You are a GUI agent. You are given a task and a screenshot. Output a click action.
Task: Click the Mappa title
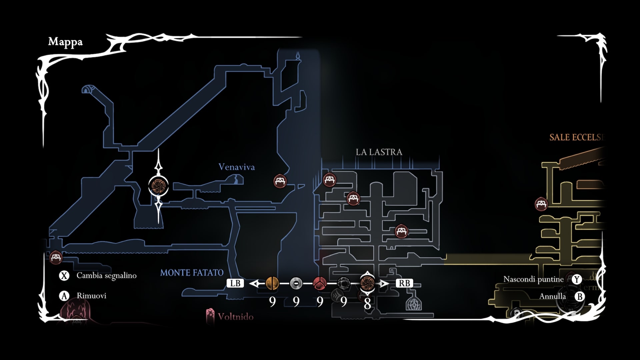[x=65, y=42]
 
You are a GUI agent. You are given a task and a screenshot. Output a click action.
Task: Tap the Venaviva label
[x=236, y=167]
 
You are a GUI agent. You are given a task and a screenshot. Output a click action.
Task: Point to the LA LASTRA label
[x=379, y=152]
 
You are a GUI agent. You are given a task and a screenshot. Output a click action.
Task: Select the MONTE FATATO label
[x=192, y=273]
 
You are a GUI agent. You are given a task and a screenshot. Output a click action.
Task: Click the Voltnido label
[x=235, y=316]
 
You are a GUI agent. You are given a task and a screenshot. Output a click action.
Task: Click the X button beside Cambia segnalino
[x=64, y=276]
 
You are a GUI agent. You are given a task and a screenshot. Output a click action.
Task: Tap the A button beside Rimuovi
[x=64, y=296]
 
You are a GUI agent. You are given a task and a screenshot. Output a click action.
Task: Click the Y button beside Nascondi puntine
[x=577, y=279]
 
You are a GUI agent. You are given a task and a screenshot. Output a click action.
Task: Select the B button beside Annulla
[x=580, y=296]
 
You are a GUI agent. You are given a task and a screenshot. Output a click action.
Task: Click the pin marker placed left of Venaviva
[x=158, y=186]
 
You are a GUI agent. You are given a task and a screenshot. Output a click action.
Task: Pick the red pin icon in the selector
[x=320, y=283]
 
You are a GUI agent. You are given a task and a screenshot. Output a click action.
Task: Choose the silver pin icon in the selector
[x=296, y=283]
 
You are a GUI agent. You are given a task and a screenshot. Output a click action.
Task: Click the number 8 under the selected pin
[x=367, y=303]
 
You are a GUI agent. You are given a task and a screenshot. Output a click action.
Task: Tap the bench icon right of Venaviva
[x=280, y=181]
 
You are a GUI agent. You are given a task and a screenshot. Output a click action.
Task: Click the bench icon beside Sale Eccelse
[x=541, y=204]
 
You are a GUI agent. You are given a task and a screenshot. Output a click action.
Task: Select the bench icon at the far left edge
[x=56, y=257]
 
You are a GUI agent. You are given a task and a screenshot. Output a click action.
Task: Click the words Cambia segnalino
[x=106, y=276]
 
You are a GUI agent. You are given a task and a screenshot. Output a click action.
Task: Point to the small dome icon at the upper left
[x=88, y=89]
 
